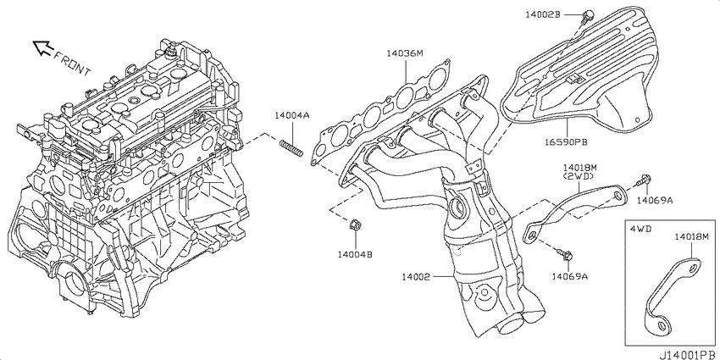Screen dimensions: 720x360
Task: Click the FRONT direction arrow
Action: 42,47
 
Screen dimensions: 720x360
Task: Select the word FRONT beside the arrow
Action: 73,64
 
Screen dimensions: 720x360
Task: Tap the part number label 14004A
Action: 292,116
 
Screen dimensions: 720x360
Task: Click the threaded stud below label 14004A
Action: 291,148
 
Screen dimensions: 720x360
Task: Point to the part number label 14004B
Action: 355,254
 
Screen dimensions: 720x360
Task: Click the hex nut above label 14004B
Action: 354,225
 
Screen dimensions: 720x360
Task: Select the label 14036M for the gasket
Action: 405,53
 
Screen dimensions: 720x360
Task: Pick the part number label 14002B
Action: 543,14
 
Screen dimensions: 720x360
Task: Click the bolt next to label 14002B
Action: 586,17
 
